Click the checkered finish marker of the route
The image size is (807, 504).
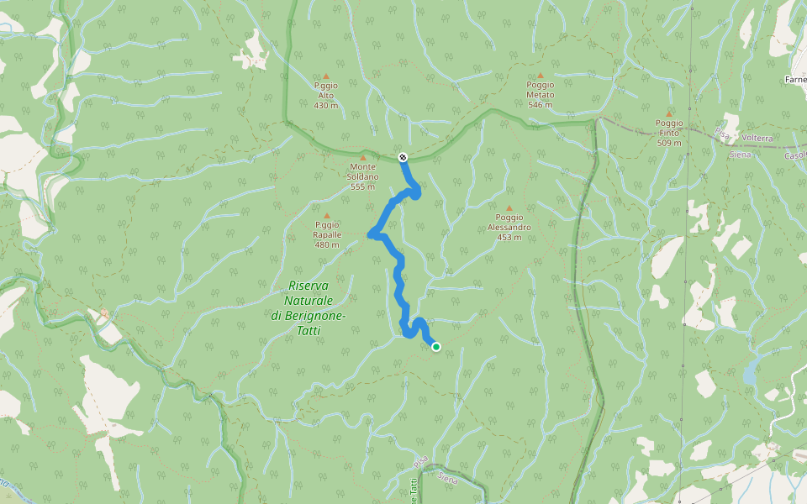pos(403,157)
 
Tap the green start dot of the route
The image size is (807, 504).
pos(435,346)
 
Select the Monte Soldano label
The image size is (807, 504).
pos(363,171)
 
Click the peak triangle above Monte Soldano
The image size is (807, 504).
pos(363,157)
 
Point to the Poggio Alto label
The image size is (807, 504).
pos(325,90)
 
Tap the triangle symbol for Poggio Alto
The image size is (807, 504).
pos(325,76)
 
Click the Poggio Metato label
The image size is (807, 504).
pos(540,90)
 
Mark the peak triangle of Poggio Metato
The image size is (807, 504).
pos(540,75)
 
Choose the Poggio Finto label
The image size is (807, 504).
pos(669,128)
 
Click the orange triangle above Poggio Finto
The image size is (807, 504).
pos(669,113)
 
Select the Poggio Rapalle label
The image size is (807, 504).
pos(327,229)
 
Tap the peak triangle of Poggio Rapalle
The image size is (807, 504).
pos(327,215)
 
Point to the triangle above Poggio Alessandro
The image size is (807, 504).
pos(509,207)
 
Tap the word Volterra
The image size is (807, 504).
pos(757,138)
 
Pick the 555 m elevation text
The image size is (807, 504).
pos(363,186)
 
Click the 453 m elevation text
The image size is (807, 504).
pos(509,237)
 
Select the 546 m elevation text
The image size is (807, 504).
pos(540,105)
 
